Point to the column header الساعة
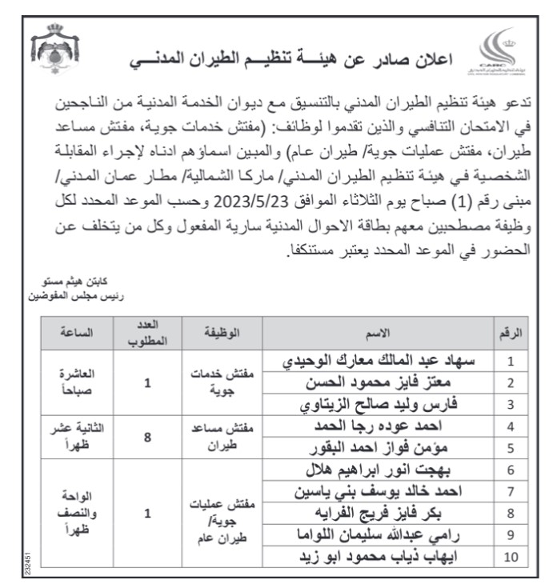pyautogui.click(x=71, y=332)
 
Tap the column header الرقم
pyautogui.click(x=509, y=332)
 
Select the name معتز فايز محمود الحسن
pyautogui.click(x=415, y=382)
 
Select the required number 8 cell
pyautogui.click(x=147, y=437)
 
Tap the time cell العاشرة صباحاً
pyautogui.click(x=72, y=382)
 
